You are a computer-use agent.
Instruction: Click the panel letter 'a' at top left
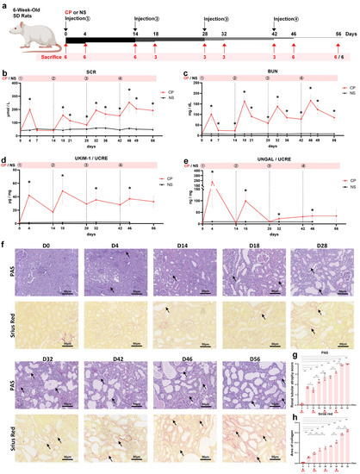[4, 5]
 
